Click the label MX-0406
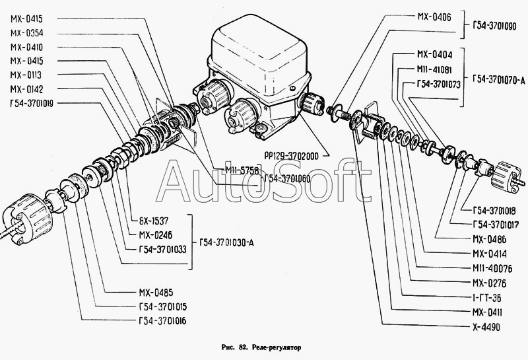pyautogui.click(x=434, y=18)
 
